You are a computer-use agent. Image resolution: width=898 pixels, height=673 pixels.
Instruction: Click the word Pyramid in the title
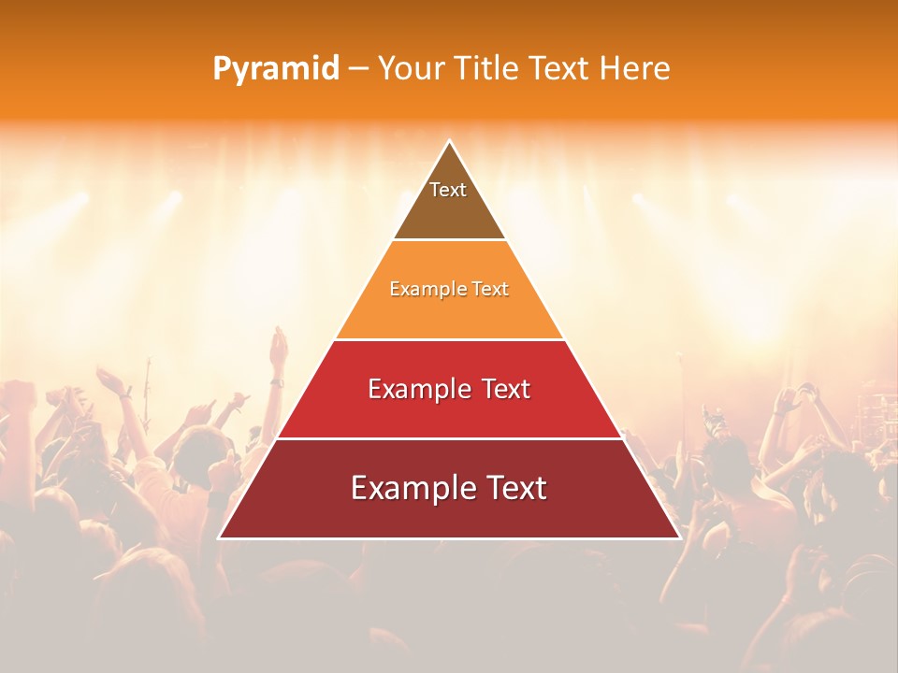tap(276, 69)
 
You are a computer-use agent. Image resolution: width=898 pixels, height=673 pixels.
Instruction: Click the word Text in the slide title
tap(560, 69)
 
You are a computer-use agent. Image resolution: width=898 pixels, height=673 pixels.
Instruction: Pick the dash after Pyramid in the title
tap(358, 69)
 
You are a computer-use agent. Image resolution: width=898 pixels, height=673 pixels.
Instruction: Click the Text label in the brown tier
tap(448, 190)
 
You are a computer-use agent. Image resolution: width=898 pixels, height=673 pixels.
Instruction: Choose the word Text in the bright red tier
tap(504, 389)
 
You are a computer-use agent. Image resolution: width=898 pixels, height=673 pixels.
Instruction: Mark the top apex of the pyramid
tap(449, 141)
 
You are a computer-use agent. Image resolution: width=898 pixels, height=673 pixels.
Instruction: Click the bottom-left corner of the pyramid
tap(219, 537)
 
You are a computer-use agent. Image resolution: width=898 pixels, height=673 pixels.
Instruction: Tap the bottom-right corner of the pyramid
tap(679, 537)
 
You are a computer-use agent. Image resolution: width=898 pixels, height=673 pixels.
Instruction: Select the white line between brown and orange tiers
tap(449, 240)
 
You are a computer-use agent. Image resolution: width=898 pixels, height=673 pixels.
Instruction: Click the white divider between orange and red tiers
tap(449, 339)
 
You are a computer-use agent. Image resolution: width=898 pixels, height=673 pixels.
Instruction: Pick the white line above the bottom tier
tap(449, 438)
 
